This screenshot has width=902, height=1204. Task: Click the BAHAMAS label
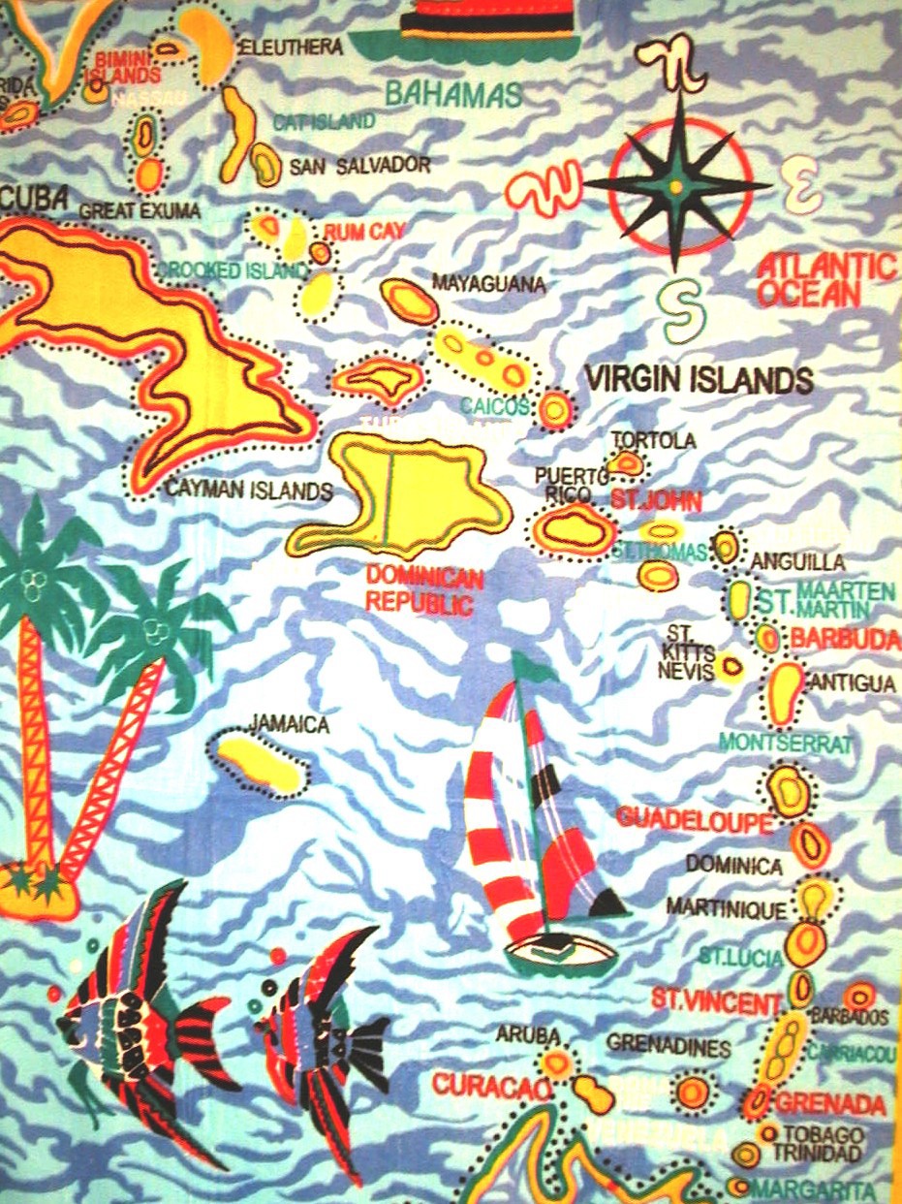point(453,95)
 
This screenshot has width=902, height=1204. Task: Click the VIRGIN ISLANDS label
point(698,379)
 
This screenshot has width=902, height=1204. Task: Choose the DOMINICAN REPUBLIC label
point(424,591)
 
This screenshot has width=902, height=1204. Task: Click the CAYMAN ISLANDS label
point(249,491)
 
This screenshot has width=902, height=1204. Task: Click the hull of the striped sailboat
point(561,955)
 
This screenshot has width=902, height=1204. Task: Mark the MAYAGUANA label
point(488,284)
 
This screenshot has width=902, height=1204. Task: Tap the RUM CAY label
point(364,232)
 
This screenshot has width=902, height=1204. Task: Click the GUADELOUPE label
point(694,819)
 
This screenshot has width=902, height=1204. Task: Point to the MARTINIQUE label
point(726,907)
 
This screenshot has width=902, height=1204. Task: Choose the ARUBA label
point(528,1034)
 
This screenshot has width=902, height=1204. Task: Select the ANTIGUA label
point(853,683)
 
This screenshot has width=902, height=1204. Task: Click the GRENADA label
point(831,1103)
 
